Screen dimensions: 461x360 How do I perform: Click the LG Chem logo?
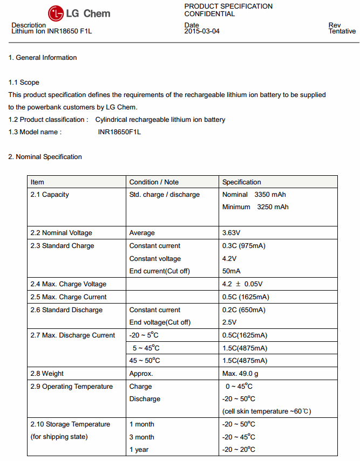pyautogui.click(x=79, y=13)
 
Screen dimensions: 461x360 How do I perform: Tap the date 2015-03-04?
pyautogui.click(x=202, y=31)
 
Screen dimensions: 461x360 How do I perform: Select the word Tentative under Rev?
pyautogui.click(x=342, y=31)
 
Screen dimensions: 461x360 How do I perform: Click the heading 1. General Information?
pyautogui.click(x=43, y=58)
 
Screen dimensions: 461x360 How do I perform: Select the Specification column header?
pyautogui.click(x=241, y=182)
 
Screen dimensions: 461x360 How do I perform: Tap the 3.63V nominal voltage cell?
pyautogui.click(x=233, y=233)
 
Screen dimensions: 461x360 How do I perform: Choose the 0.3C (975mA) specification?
pyautogui.click(x=244, y=246)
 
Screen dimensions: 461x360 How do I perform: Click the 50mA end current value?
pyautogui.click(x=232, y=271)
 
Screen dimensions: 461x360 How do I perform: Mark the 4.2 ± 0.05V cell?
pyautogui.click(x=242, y=284)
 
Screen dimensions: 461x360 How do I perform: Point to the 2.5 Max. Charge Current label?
pyautogui.click(x=69, y=297)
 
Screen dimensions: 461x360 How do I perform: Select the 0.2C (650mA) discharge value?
pyautogui.click(x=244, y=310)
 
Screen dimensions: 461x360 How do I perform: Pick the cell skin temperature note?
pyautogui.click(x=267, y=411)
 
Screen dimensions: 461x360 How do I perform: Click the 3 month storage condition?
pyautogui.click(x=142, y=437)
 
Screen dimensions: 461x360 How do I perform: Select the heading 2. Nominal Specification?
pyautogui.click(x=45, y=157)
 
